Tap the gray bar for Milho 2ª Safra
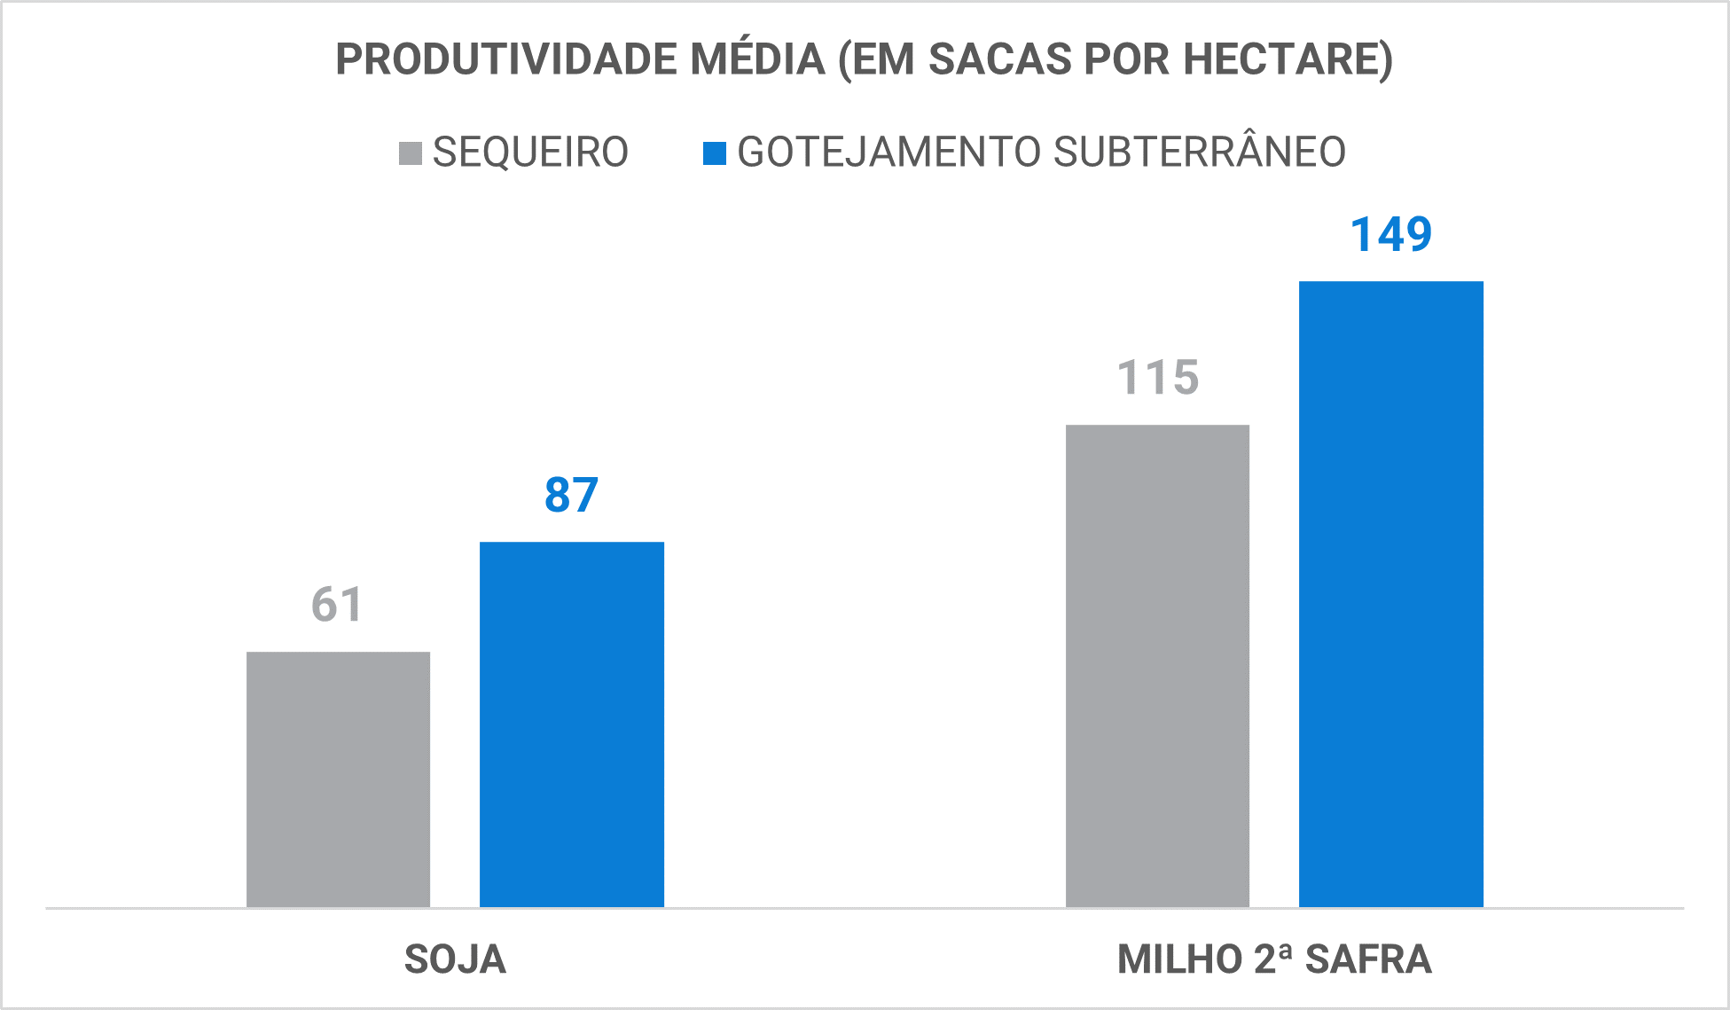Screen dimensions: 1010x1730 [1157, 665]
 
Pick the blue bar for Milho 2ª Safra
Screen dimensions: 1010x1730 [1390, 593]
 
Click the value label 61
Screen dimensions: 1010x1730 [337, 605]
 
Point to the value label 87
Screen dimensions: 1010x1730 [572, 495]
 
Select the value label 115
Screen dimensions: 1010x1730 [1157, 378]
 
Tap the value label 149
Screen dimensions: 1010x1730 [1390, 235]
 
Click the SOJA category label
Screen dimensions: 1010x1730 [455, 959]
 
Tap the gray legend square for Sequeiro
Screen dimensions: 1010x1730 [410, 153]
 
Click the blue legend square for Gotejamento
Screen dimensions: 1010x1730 [714, 153]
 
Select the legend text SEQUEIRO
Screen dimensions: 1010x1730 [530, 153]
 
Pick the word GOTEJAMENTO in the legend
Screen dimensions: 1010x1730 [888, 153]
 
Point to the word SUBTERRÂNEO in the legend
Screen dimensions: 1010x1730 [1199, 153]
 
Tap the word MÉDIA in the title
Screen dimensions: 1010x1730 [758, 59]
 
